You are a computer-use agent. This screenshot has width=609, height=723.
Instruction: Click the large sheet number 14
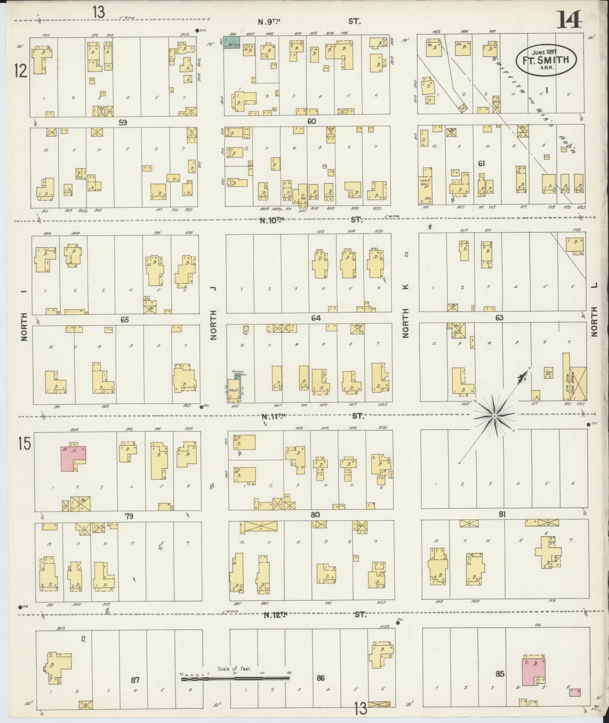click(x=569, y=20)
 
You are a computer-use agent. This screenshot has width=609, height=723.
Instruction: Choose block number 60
click(x=311, y=121)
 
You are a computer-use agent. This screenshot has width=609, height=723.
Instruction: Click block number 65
click(x=125, y=320)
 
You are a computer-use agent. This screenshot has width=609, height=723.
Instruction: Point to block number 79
click(x=129, y=516)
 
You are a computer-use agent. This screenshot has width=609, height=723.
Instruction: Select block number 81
click(x=502, y=514)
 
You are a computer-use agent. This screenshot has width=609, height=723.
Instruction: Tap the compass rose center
click(x=494, y=416)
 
